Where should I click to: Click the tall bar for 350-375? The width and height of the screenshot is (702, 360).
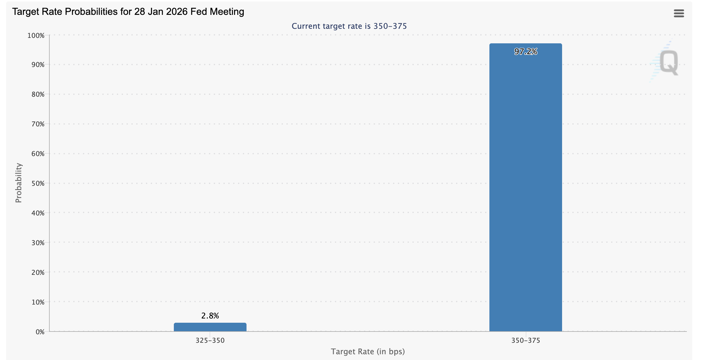click(525, 188)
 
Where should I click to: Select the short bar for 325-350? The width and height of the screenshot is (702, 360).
click(210, 327)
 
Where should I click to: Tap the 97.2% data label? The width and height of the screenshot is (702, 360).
click(525, 52)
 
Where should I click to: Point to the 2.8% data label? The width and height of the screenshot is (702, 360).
click(210, 316)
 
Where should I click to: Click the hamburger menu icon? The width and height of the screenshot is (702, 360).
click(679, 13)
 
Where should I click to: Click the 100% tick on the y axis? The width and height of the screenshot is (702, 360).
click(36, 36)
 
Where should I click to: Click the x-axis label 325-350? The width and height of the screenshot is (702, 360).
click(210, 341)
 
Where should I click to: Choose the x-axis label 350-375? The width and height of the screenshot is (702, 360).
click(525, 341)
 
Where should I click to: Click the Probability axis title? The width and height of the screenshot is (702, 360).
click(19, 183)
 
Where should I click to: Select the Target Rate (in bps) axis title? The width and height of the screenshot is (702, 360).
click(368, 352)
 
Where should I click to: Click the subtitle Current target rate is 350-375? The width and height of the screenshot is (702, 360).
click(349, 26)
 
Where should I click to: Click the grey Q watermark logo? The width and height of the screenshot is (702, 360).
click(668, 62)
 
